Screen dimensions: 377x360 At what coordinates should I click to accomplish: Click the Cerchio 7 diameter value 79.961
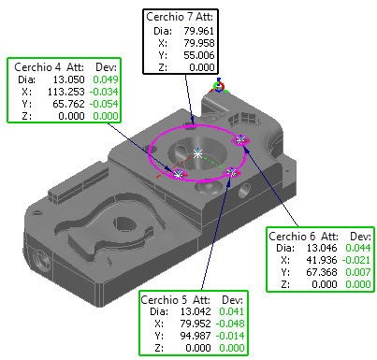point(198,31)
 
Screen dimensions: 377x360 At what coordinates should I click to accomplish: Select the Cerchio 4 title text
point(37,67)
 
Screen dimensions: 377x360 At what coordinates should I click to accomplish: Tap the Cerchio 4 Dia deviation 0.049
point(106,79)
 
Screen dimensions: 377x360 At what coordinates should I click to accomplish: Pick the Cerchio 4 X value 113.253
point(65,92)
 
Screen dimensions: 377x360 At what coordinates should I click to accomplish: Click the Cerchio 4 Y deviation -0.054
point(104,104)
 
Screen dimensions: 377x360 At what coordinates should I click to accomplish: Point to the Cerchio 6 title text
point(292,237)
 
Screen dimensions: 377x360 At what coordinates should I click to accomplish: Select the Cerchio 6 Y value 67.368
point(322,272)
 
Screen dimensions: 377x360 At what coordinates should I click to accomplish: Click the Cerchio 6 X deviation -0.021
point(356,260)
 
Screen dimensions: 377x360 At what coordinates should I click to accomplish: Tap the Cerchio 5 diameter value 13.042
point(196,311)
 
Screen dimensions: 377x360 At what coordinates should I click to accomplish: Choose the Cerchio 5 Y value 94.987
point(196,336)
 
